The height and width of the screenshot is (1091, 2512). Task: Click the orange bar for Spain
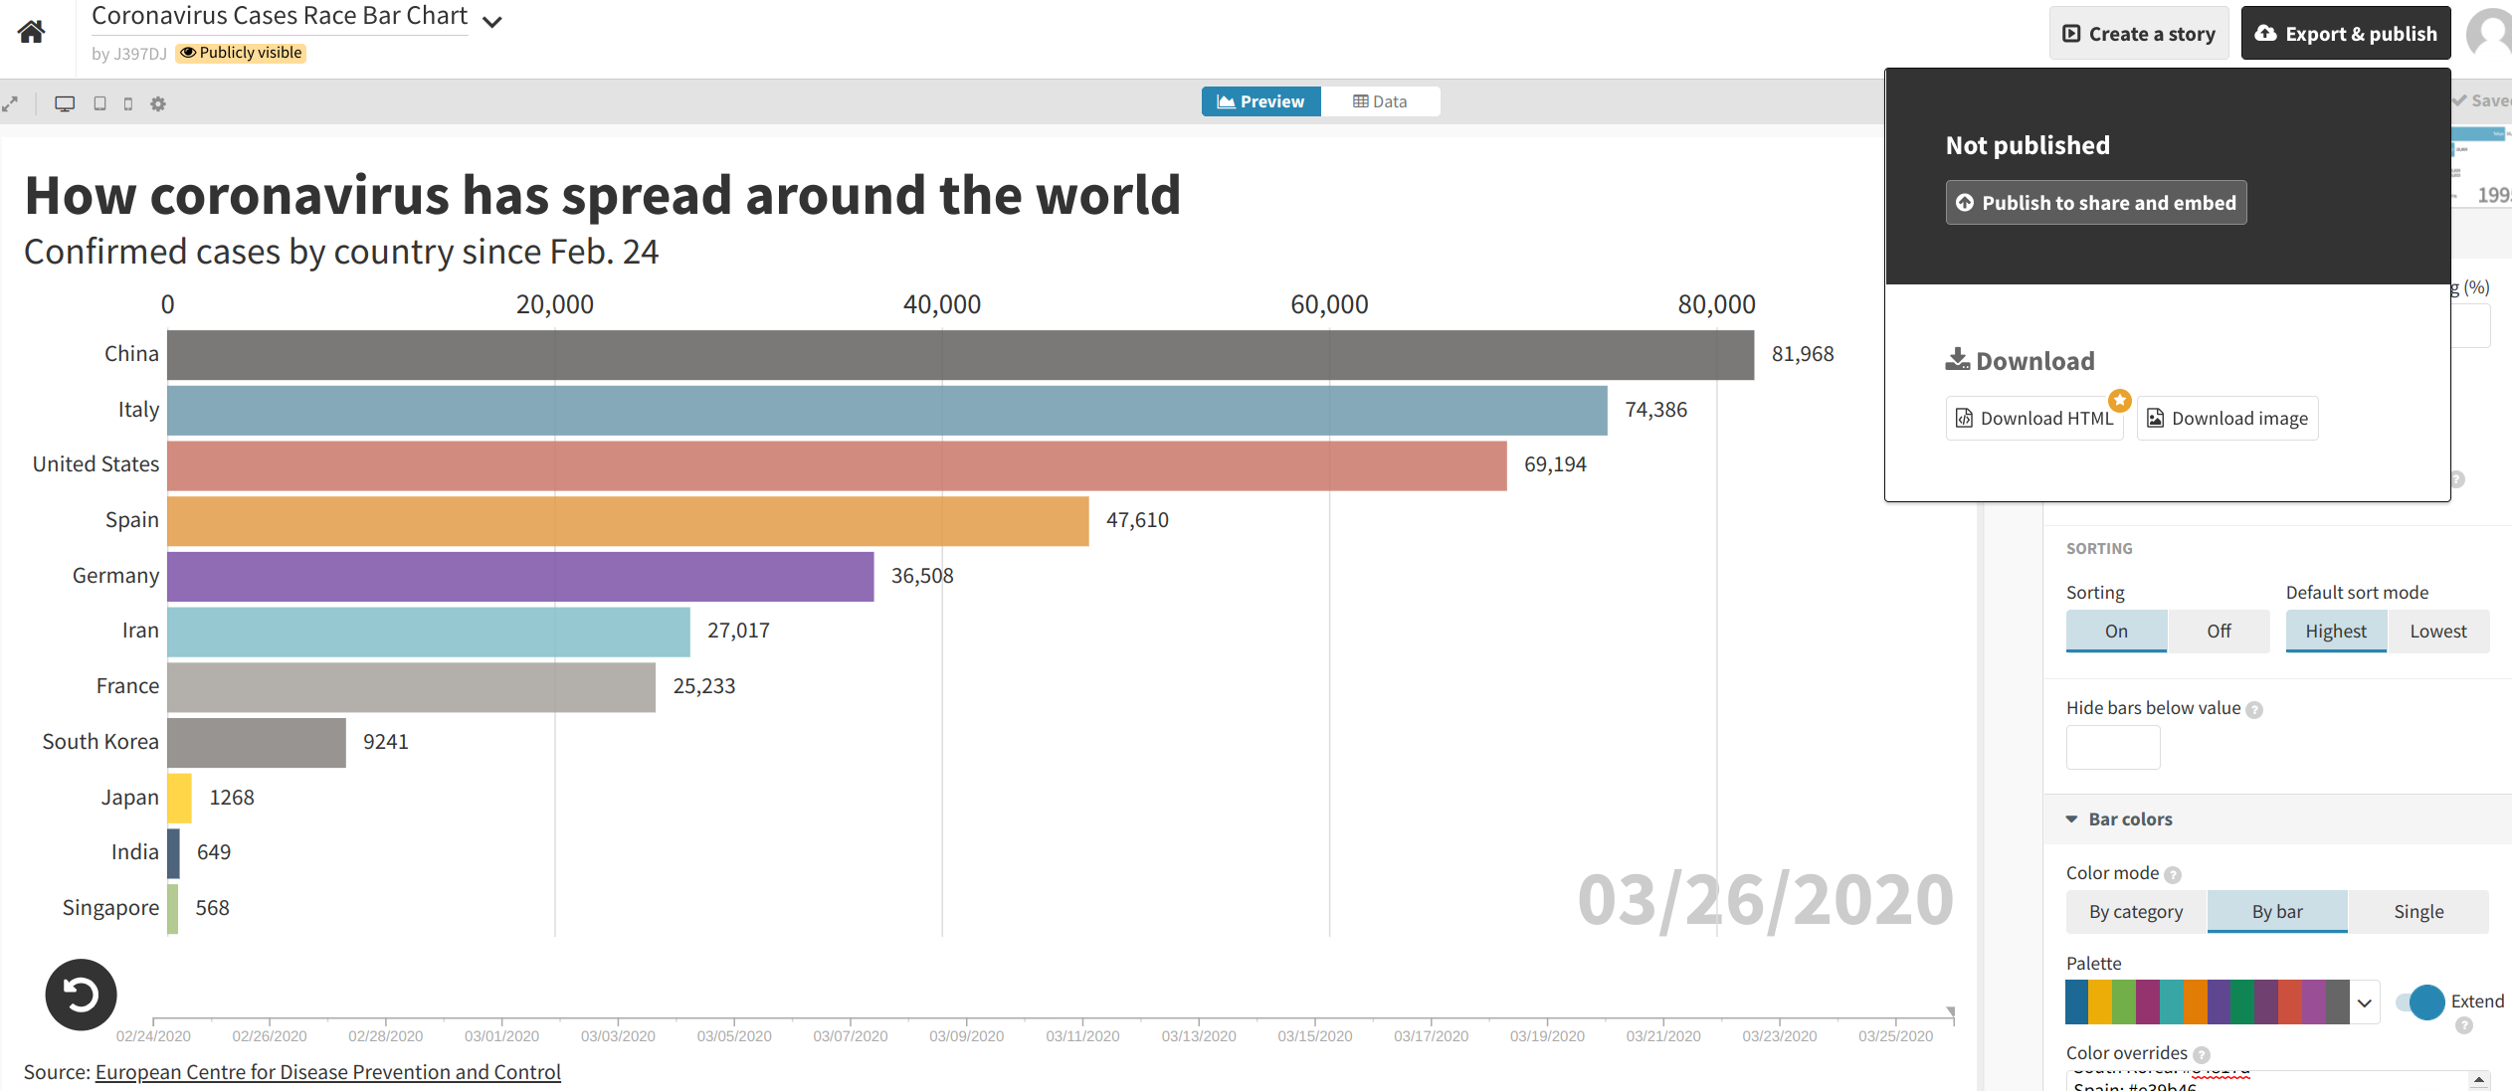[x=628, y=521]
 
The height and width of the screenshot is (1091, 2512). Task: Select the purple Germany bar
[x=520, y=577]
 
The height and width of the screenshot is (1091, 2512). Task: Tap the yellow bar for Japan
[x=180, y=798]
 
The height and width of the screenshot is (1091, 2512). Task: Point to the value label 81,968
[x=1802, y=354]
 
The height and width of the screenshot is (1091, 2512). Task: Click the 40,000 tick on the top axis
[x=941, y=304]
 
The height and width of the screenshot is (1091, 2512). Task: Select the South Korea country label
[x=100, y=742]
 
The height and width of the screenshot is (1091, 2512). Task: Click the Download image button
[x=2226, y=419]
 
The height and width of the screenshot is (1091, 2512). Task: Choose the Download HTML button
[x=2034, y=419]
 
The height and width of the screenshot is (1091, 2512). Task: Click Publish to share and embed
[x=2095, y=203]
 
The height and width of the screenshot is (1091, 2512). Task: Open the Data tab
[x=1380, y=101]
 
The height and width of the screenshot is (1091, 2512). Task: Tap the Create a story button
[x=2139, y=34]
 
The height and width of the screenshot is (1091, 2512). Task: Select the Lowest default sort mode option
[x=2437, y=632]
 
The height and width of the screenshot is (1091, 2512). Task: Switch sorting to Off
[x=2219, y=632]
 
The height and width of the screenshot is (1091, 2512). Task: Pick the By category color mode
[x=2136, y=912]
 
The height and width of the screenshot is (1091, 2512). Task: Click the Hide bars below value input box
[x=2113, y=747]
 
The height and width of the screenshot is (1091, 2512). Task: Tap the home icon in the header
[x=32, y=32]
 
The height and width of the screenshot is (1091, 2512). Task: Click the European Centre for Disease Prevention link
[x=327, y=1072]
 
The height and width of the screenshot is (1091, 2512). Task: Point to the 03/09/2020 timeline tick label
[x=966, y=1036]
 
